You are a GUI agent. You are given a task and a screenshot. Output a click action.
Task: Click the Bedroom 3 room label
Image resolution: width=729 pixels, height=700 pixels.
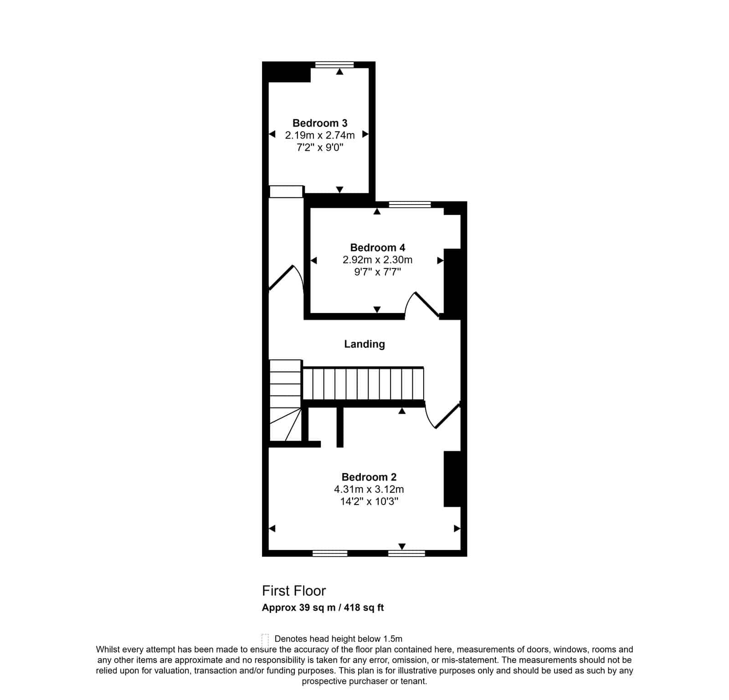click(x=320, y=123)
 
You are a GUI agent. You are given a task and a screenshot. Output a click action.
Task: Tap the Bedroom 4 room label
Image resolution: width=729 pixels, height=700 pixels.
click(x=377, y=247)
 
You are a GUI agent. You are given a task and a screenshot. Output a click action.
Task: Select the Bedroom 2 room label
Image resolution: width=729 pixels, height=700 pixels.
click(x=369, y=477)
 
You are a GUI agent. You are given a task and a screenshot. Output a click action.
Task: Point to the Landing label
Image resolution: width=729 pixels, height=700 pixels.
click(x=364, y=344)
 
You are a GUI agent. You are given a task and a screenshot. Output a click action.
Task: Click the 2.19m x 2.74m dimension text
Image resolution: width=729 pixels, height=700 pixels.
click(x=320, y=135)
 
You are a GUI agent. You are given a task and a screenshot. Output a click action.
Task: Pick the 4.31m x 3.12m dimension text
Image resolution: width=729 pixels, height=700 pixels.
click(x=369, y=489)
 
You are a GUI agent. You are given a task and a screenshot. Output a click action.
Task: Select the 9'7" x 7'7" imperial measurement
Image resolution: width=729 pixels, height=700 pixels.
click(x=377, y=272)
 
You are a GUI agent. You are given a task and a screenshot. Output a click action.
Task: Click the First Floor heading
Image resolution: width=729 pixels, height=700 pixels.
click(x=294, y=591)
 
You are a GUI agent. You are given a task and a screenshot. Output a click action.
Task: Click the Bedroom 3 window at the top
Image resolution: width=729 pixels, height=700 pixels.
click(x=334, y=64)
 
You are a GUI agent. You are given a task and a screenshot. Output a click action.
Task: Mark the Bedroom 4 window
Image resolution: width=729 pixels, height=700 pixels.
click(x=410, y=204)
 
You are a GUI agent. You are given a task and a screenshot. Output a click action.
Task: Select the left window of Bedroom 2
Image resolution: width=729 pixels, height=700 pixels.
click(x=330, y=553)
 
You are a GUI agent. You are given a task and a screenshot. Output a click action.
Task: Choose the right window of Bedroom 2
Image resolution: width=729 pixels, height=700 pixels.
click(x=406, y=553)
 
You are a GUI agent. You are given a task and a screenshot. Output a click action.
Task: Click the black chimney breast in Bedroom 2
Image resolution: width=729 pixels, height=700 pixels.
click(x=452, y=479)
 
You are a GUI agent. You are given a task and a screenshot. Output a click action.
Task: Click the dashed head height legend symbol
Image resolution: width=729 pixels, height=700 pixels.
click(x=265, y=638)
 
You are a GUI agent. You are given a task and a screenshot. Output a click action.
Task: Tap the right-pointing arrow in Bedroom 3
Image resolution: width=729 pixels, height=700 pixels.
click(x=365, y=134)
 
